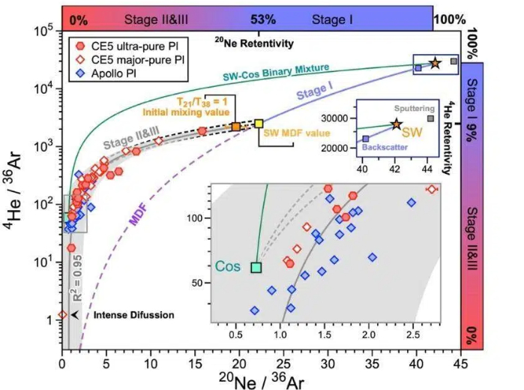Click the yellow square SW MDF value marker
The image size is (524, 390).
pos(259,123)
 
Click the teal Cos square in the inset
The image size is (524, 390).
pos(256,267)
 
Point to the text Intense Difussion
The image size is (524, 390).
pos(133,315)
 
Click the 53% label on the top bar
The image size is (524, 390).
pos(259,16)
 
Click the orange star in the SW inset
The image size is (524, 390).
pos(397,124)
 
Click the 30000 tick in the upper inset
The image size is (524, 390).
pos(339,118)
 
